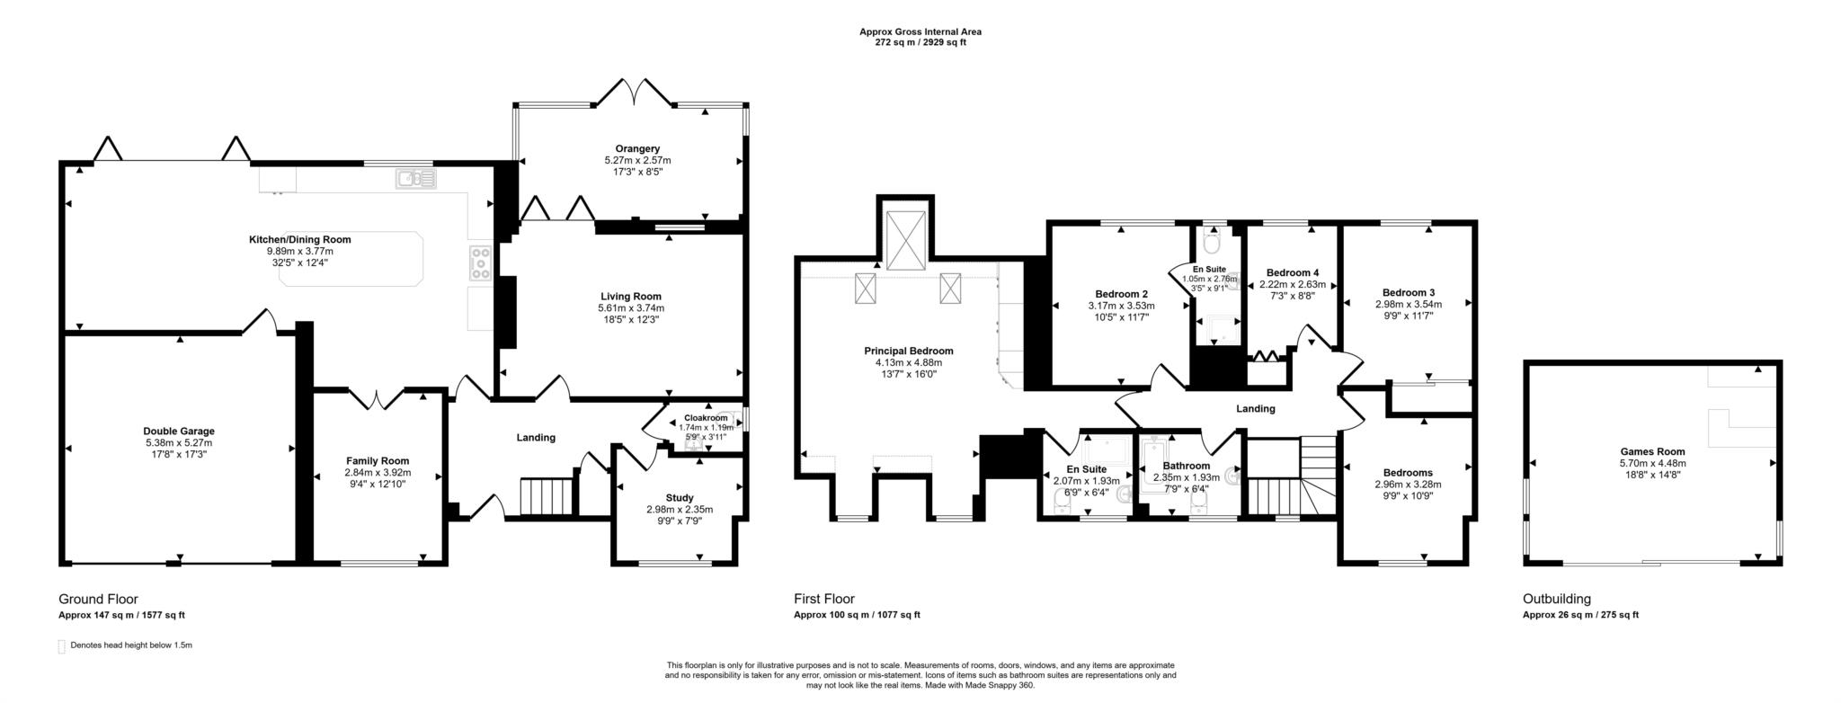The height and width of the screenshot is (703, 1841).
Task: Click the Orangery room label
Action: pyautogui.click(x=637, y=148)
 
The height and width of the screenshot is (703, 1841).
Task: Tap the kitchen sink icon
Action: pyautogui.click(x=415, y=179)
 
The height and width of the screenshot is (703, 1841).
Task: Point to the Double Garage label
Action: pyautogui.click(x=179, y=431)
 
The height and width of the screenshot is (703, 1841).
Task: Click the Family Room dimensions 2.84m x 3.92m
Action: pyautogui.click(x=378, y=472)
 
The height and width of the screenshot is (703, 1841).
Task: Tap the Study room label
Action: pyautogui.click(x=680, y=497)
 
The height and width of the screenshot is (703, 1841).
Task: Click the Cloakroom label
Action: pyautogui.click(x=706, y=418)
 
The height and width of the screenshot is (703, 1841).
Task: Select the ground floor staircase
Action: pyautogui.click(x=547, y=496)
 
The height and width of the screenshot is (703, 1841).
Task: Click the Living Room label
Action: pyautogui.click(x=631, y=296)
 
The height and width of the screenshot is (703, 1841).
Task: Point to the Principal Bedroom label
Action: pyautogui.click(x=908, y=351)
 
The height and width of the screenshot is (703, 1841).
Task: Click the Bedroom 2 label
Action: pyautogui.click(x=1121, y=293)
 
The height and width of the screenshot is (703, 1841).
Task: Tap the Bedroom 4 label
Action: pyautogui.click(x=1292, y=272)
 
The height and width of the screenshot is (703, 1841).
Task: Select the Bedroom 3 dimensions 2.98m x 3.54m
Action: pyautogui.click(x=1408, y=304)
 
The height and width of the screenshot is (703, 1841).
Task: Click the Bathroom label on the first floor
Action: pyautogui.click(x=1186, y=466)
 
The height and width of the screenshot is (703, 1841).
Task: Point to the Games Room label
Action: pyautogui.click(x=1652, y=451)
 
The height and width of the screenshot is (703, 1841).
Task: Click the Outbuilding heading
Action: pyautogui.click(x=1556, y=599)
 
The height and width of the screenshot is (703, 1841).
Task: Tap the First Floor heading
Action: pyautogui.click(x=823, y=599)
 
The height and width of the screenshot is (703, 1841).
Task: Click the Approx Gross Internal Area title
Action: pyautogui.click(x=920, y=31)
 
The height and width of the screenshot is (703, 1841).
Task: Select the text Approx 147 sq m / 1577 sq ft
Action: pyautogui.click(x=121, y=616)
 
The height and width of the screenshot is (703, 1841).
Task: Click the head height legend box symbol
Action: pyautogui.click(x=62, y=646)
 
